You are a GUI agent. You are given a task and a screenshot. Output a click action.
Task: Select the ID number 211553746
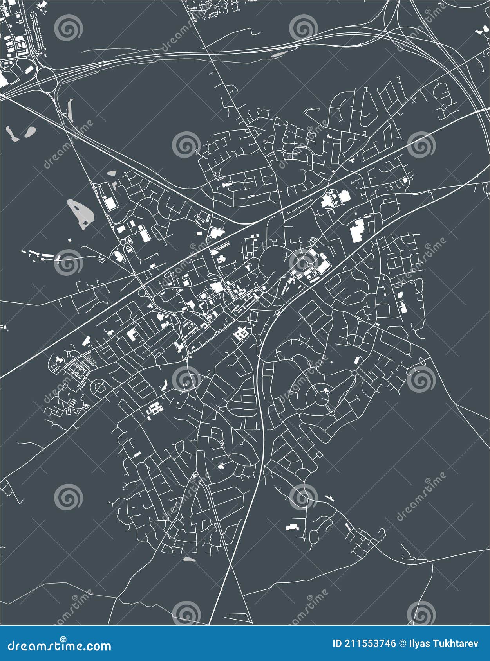pyautogui.click(x=370, y=644)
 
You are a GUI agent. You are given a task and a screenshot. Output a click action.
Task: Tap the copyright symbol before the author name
pyautogui.click(x=403, y=644)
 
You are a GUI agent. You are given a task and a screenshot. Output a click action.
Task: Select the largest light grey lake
pyautogui.click(x=81, y=214)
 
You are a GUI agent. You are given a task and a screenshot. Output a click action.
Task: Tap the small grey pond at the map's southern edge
pyautogui.click(x=189, y=559)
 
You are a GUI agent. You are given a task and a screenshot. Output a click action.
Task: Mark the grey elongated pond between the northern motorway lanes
pyautogui.click(x=277, y=54)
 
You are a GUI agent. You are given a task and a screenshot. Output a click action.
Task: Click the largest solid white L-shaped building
pyautogui.click(x=356, y=230)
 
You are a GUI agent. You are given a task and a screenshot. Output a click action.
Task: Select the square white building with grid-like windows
pyautogui.click(x=240, y=333)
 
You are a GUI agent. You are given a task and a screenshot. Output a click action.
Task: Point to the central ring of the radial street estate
pyautogui.click(x=322, y=399)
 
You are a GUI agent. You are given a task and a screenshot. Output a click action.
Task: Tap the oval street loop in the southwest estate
pyautogui.click(x=99, y=388)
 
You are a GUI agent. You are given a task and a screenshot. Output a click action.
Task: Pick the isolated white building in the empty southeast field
pyautogui.click(x=292, y=527)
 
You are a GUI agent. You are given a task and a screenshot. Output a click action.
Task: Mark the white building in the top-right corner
pyautogui.click(x=480, y=31)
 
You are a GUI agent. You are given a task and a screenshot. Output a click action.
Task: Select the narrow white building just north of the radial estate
pyautogui.click(x=356, y=360)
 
